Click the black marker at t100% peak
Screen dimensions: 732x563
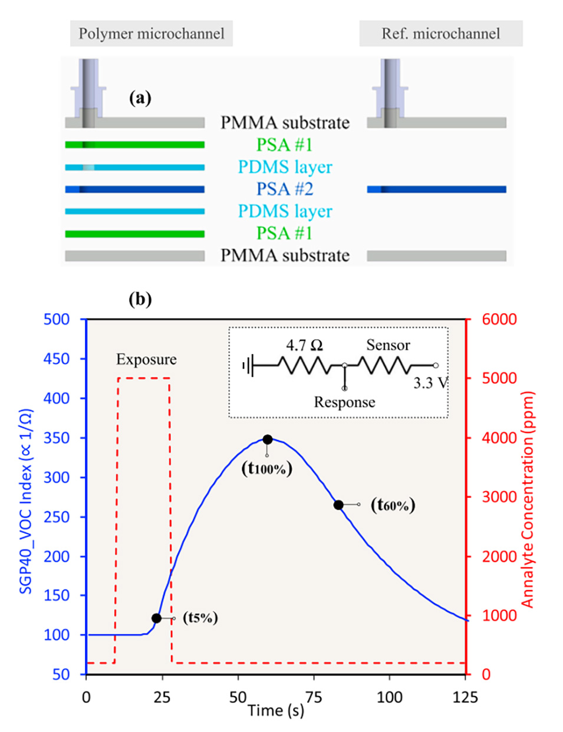(x=268, y=439)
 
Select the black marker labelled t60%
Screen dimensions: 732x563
(x=338, y=505)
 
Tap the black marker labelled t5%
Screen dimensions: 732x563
(x=156, y=618)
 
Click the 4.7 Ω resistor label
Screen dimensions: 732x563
(x=304, y=345)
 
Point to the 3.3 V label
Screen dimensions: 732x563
(x=430, y=383)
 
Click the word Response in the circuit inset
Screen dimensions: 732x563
(x=344, y=402)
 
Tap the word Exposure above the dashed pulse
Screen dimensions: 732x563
(x=146, y=359)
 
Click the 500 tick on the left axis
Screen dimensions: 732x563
(x=57, y=319)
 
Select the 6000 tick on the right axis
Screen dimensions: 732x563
(x=499, y=319)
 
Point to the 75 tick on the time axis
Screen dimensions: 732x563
(x=314, y=698)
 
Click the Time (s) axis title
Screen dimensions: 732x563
(x=276, y=711)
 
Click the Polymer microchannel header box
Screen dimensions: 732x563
(x=152, y=34)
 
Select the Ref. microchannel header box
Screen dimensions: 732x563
(x=440, y=34)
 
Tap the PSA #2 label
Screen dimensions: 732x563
(x=285, y=189)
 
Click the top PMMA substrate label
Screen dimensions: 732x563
(x=285, y=122)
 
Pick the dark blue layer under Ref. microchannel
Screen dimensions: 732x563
(x=436, y=190)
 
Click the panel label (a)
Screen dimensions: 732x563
(x=140, y=98)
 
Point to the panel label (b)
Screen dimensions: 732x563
(x=140, y=299)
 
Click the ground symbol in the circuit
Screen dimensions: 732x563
(x=247, y=366)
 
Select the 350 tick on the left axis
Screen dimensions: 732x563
(x=57, y=438)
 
